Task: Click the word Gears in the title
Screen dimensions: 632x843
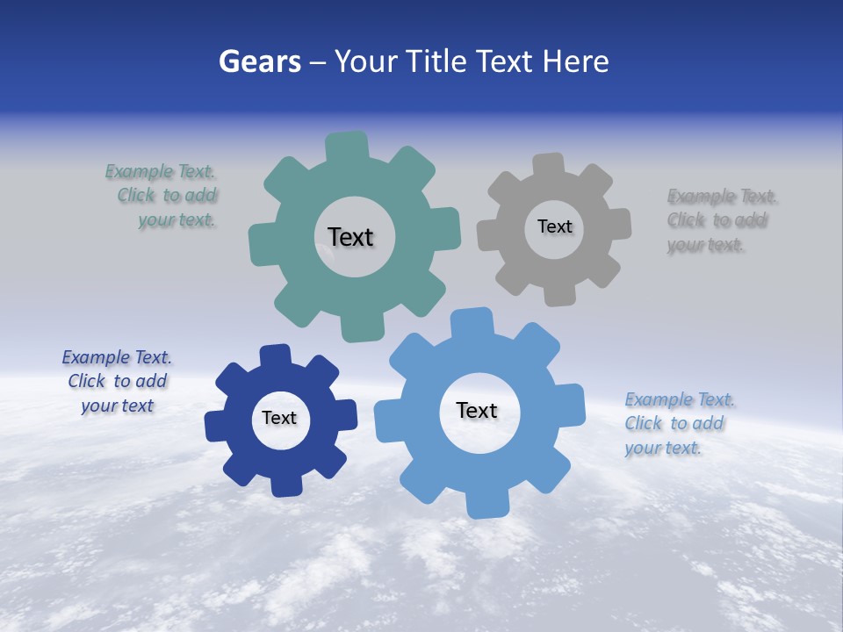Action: coord(259,61)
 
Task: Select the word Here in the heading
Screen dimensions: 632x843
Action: coord(576,61)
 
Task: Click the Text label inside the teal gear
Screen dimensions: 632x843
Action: coord(350,237)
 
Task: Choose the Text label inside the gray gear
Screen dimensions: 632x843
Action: coord(554,226)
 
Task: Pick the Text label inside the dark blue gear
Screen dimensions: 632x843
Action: coord(279,419)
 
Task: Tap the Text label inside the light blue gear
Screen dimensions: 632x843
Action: coord(477,411)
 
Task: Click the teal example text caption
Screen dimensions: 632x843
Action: coord(162,196)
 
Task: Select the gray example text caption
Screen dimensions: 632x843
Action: coord(721,220)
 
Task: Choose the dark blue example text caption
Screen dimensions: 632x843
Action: coord(117,382)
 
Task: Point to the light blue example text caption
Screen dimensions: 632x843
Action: coord(679,424)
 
